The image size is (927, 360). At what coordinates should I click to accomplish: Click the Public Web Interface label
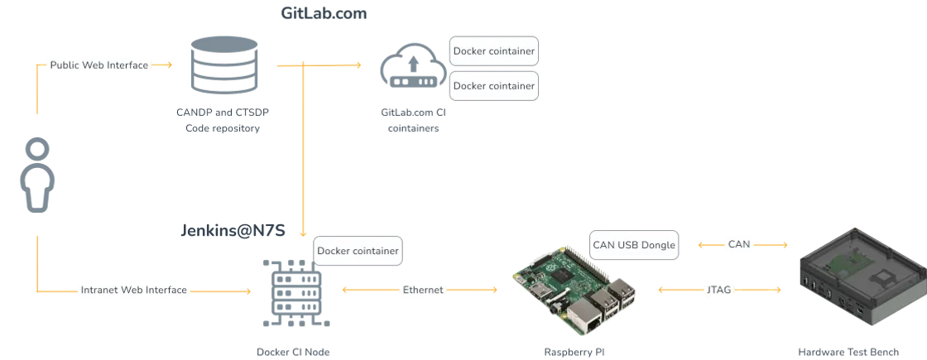pos(99,65)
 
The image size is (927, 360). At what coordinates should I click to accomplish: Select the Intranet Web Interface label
pos(134,290)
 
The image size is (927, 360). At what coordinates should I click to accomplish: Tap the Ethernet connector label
pos(423,290)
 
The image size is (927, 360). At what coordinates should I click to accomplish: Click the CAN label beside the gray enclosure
pos(738,244)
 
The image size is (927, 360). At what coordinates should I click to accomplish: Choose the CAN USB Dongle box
pos(635,245)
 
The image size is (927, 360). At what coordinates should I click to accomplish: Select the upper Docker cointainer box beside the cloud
pos(493,51)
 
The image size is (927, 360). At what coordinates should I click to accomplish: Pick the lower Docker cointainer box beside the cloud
pos(493,85)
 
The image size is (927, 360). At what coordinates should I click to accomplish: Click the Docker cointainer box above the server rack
pos(357,250)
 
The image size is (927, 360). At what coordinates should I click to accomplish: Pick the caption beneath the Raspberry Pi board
pos(571,351)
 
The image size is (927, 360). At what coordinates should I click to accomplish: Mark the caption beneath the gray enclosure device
pos(848,351)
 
